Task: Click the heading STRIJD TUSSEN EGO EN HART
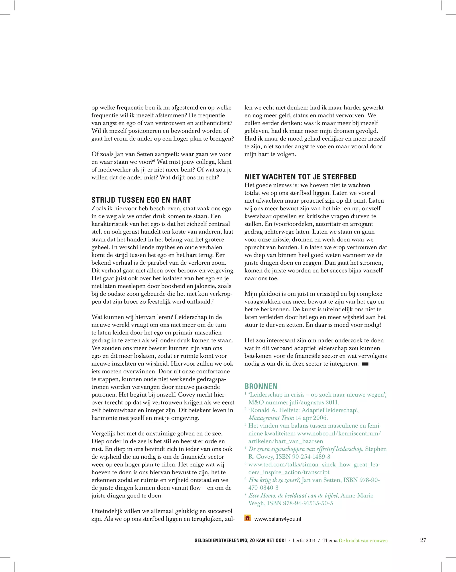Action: click(141, 200)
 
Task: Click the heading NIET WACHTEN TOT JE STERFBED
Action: click(300, 177)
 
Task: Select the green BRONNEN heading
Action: click(261, 386)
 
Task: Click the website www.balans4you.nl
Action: click(277, 519)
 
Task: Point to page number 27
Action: click(423, 540)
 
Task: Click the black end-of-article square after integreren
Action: click(365, 364)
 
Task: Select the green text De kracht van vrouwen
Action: click(363, 540)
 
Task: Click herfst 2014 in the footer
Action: click(304, 540)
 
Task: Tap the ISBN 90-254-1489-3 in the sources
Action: click(303, 457)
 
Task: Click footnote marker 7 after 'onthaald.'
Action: click(213, 300)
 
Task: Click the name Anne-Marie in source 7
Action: click(357, 495)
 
